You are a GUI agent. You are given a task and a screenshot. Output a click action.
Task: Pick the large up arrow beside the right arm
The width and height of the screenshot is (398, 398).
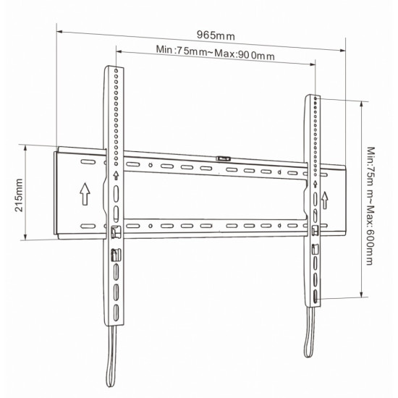pyautogui.click(x=326, y=198)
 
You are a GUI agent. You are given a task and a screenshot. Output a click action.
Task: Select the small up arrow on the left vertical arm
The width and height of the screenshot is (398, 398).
pyautogui.click(x=117, y=176)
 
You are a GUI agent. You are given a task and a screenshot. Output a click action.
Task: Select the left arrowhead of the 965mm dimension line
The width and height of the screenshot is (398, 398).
pyautogui.click(x=59, y=30)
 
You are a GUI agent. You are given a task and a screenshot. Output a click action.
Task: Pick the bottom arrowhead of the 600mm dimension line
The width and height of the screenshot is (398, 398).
pyautogui.click(x=360, y=295)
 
